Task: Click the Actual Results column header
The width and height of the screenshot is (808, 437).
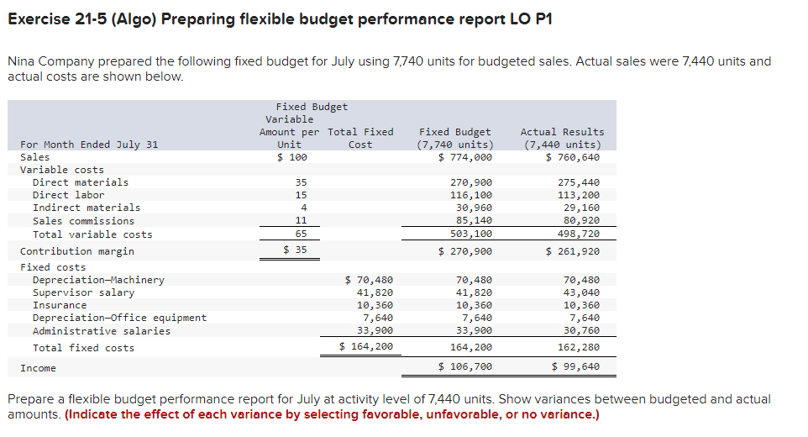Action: (x=562, y=138)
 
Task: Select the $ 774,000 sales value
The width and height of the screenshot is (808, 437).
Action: (x=465, y=157)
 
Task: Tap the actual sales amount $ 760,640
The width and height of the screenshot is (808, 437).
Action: (x=573, y=157)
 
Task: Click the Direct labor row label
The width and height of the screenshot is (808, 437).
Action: (x=68, y=195)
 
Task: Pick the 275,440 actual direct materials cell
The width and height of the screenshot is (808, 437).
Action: (x=579, y=182)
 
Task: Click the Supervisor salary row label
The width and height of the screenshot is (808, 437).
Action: (x=83, y=292)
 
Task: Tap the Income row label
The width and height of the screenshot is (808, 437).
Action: (x=38, y=368)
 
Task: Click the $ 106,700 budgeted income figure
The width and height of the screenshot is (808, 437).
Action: (x=465, y=367)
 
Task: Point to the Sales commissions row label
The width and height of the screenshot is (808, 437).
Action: (x=83, y=221)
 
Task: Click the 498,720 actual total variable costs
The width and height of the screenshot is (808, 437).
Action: (x=579, y=234)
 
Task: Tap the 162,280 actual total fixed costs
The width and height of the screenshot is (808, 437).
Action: (x=579, y=347)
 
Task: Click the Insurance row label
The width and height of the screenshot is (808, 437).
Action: (x=59, y=305)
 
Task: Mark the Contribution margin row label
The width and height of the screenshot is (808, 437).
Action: (x=76, y=251)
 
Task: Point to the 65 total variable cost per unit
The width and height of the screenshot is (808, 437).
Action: (x=301, y=234)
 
